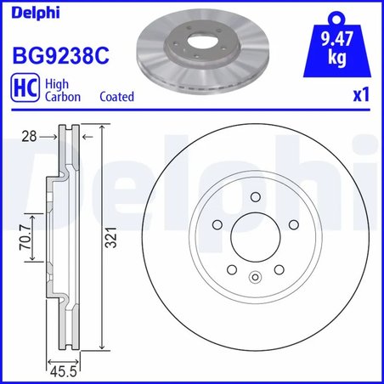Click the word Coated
point(117,97)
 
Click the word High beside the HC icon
point(56,84)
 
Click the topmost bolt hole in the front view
point(255,199)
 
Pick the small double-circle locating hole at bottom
point(255,276)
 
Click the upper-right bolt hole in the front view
point(293,226)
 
